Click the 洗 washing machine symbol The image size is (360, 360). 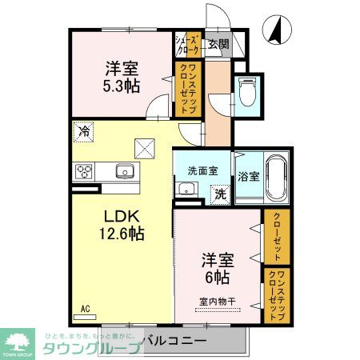coord(218,192)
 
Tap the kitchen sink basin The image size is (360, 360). coord(125,170)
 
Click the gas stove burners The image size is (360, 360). coord(85,170)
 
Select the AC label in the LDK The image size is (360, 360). coord(85,306)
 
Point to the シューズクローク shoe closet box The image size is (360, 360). coord(186,43)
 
